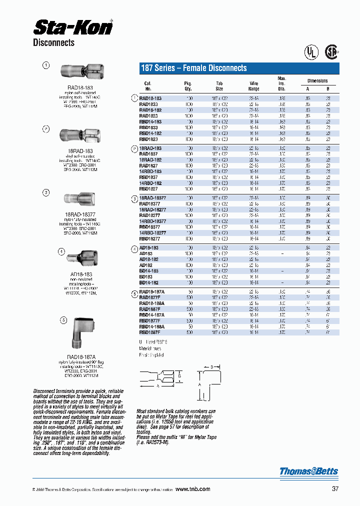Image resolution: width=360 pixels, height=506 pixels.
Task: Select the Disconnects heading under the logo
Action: click(x=53, y=43)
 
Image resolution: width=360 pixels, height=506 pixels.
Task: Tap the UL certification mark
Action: click(x=311, y=52)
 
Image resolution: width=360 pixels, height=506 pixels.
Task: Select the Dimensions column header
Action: click(x=317, y=80)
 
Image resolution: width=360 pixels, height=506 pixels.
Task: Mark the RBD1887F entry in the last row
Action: click(x=149, y=332)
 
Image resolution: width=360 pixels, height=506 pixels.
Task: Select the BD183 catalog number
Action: click(x=146, y=276)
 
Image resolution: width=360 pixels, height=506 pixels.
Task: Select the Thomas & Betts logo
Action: click(x=308, y=471)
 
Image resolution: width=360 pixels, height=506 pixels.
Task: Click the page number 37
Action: click(x=334, y=489)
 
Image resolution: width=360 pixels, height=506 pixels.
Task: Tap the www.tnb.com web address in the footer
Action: click(x=193, y=489)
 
